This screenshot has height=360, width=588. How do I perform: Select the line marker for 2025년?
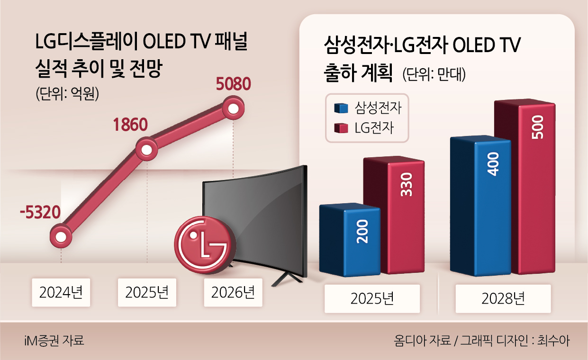click(x=147, y=150)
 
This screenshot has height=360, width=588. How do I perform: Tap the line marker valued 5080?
click(x=233, y=108)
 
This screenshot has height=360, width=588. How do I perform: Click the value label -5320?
click(x=40, y=213)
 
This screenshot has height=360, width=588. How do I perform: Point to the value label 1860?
click(x=130, y=125)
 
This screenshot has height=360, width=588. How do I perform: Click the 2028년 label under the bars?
click(x=503, y=298)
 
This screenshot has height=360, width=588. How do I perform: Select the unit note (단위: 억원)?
click(x=67, y=94)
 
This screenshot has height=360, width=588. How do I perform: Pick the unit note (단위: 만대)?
click(x=434, y=74)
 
